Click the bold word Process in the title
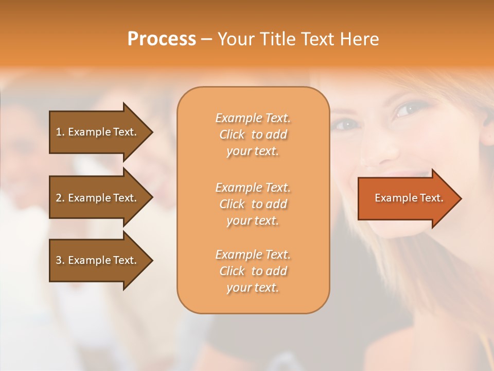[x=162, y=39]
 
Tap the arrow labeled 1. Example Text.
[x=96, y=132]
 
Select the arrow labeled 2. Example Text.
[x=96, y=198]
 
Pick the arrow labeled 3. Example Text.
[x=96, y=260]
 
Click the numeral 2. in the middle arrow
[x=60, y=198]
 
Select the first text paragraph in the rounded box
[x=253, y=134]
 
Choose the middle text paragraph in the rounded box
[x=253, y=204]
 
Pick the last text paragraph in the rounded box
[x=253, y=271]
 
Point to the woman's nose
[x=378, y=152]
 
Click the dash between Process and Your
[x=206, y=39]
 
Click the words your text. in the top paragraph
[x=253, y=151]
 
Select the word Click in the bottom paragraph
[x=232, y=271]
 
